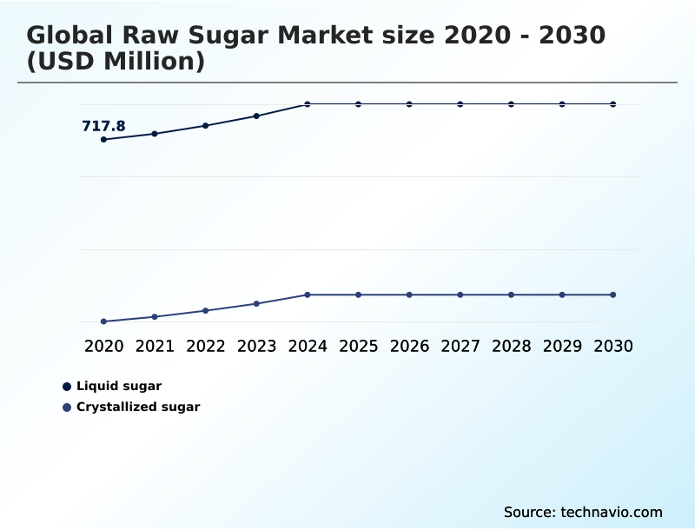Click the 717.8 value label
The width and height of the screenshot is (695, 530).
coord(103,127)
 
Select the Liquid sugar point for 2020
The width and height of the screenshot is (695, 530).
coord(103,139)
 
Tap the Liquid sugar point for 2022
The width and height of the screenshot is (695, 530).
coord(206,126)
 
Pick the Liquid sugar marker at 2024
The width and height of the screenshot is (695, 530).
coord(308,104)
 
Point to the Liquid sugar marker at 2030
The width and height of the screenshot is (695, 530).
coord(613,104)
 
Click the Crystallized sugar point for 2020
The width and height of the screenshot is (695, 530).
coord(103,321)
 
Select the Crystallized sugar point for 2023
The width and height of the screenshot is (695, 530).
coord(256,303)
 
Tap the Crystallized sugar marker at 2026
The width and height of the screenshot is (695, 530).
coord(409,295)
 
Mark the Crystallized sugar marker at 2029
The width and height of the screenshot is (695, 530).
coord(562,295)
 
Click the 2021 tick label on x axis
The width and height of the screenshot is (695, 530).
coord(155,346)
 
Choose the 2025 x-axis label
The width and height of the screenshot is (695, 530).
coord(358,346)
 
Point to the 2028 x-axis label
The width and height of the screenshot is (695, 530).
coord(511,346)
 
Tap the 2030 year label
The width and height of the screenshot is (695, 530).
coord(613,346)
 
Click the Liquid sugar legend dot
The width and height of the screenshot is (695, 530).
coord(67,387)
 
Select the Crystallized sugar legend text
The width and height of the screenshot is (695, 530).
coord(138,407)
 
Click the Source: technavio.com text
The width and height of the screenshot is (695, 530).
coord(583,512)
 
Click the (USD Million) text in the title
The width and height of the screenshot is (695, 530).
coord(116,63)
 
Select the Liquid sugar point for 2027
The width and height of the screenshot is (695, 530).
coord(460,104)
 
